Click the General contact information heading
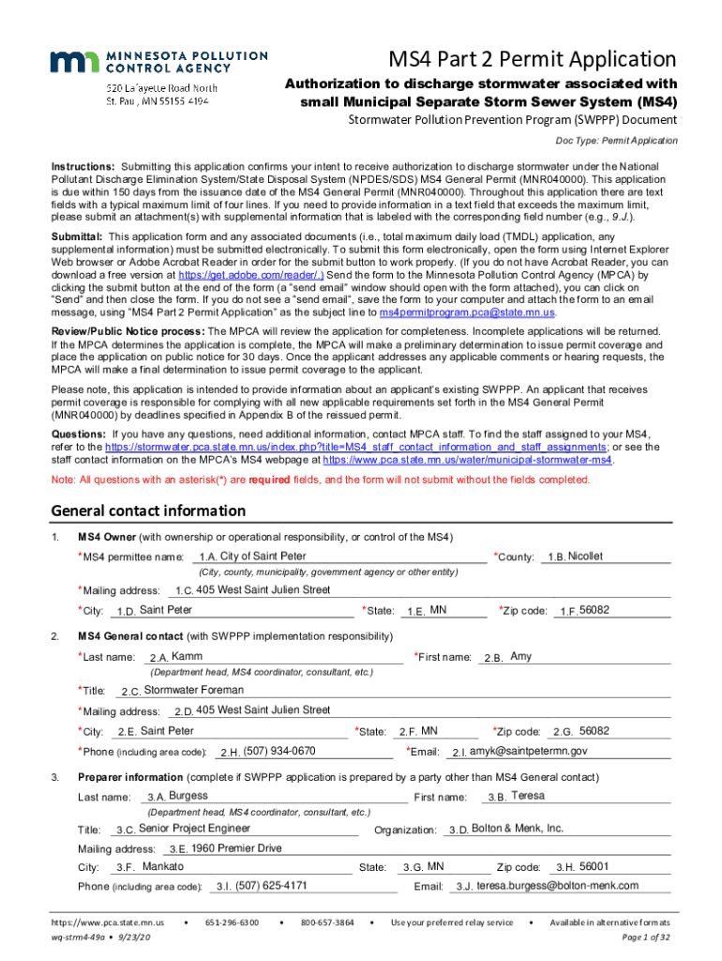click(x=148, y=511)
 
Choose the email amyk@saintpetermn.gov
click(x=528, y=751)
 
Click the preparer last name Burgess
click(x=188, y=796)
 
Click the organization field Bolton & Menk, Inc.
click(x=517, y=829)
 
